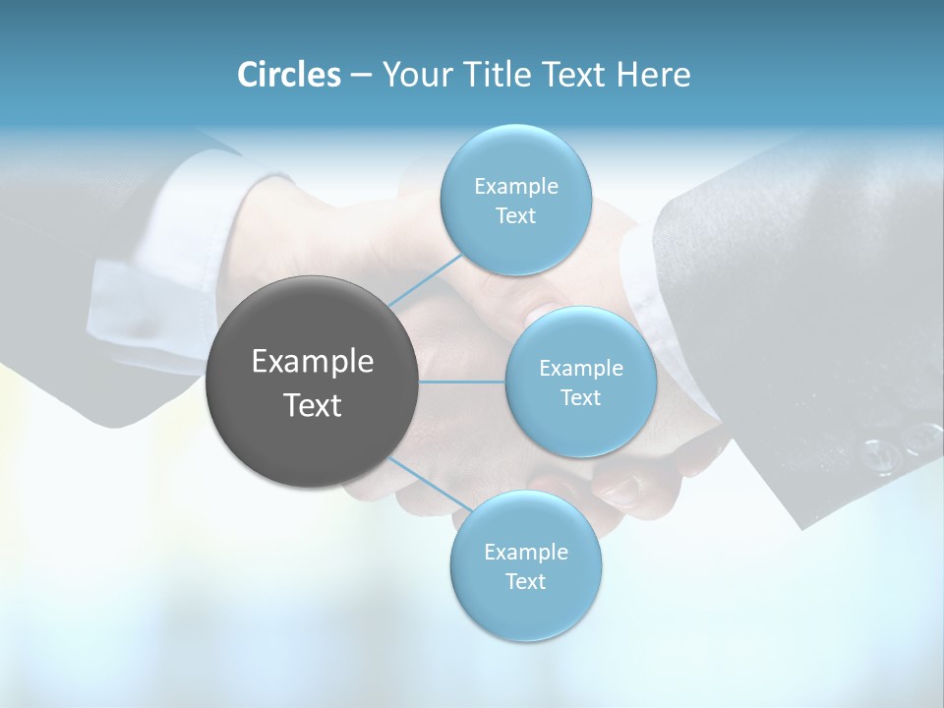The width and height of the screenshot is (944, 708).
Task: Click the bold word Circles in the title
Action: coord(289,75)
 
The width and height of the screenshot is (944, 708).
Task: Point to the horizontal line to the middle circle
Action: coord(462,382)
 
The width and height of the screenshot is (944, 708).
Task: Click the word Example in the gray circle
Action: coord(313,362)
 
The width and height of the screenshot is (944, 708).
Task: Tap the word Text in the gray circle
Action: coord(313,405)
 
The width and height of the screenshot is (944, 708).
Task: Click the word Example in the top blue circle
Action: coord(515,187)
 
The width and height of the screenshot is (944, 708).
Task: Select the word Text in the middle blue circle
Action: coord(581,397)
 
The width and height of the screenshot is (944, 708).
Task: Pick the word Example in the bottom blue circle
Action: coord(526,552)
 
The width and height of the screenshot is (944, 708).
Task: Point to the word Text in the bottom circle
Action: coord(526,581)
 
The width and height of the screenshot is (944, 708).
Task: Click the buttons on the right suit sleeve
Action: coord(900,445)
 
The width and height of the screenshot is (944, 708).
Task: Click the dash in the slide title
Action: coord(360,76)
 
